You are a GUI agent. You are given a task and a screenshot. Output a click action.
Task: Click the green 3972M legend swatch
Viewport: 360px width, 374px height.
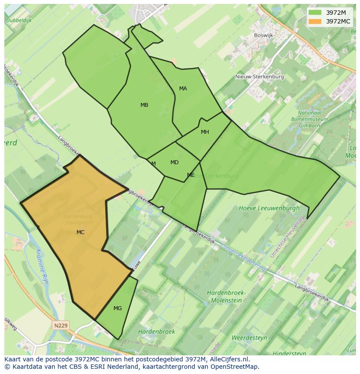pos(315,13)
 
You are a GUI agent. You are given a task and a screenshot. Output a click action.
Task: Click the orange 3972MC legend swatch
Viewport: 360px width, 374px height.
pos(315,21)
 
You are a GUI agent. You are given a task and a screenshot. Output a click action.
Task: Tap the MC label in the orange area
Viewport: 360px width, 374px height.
pos(80,232)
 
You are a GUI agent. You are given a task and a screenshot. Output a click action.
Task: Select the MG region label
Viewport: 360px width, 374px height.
pos(117,308)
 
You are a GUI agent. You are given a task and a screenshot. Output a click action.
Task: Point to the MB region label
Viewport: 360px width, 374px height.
pos(144,105)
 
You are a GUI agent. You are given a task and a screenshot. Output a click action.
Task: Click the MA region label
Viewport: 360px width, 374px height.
pos(183,89)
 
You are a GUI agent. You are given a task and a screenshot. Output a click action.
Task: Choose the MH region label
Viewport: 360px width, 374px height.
pos(205,132)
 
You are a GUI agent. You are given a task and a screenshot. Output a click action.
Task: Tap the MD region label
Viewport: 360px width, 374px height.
pos(174,162)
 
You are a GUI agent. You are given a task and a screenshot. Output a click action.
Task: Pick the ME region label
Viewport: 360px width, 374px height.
pos(190,175)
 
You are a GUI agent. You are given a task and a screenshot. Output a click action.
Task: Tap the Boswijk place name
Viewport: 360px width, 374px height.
pos(263,36)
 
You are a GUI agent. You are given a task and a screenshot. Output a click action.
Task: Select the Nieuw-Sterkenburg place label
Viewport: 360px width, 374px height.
pos(260,77)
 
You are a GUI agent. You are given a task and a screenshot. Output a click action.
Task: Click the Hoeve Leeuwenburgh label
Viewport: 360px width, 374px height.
pos(269,208)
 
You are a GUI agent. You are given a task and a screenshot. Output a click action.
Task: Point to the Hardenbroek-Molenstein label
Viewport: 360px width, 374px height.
pos(226,296)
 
